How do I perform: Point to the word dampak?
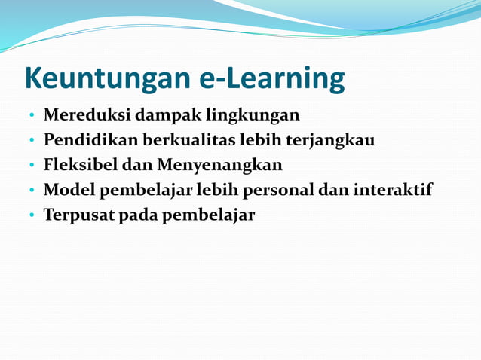coord(164,115)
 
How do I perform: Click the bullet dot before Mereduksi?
coord(32,117)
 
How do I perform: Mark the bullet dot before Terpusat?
coord(32,216)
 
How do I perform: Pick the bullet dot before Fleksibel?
coord(32,166)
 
